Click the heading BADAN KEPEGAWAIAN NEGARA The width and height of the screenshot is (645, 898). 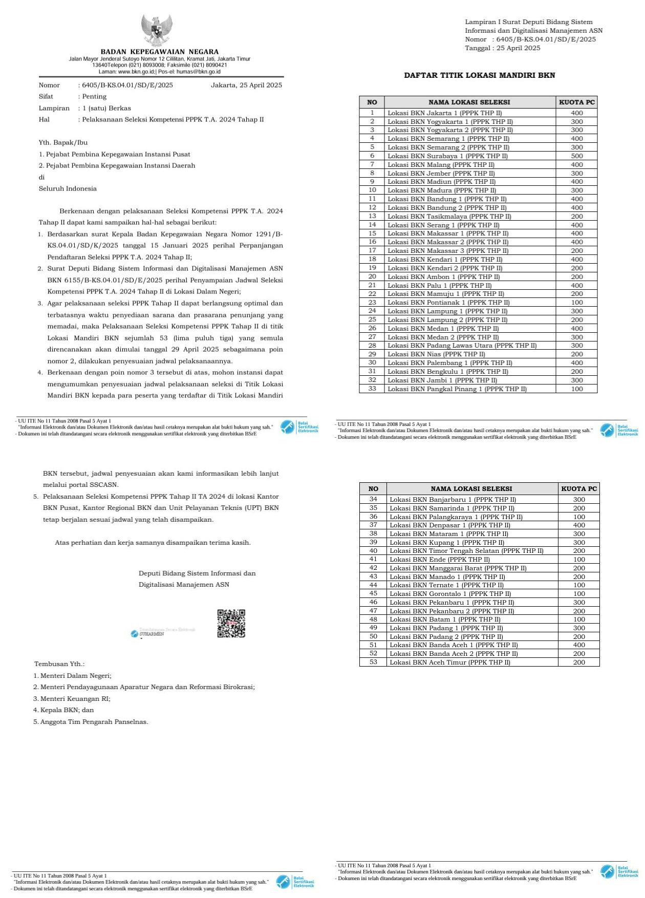159,52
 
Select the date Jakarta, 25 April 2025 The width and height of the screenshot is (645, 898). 246,85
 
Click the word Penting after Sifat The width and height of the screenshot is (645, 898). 94,97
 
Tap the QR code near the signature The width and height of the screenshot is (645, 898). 231,623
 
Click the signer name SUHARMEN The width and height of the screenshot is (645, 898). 152,634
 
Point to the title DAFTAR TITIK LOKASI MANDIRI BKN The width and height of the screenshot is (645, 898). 479,75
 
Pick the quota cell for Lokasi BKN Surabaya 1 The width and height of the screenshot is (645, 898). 576,156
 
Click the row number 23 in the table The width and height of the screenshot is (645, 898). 372,303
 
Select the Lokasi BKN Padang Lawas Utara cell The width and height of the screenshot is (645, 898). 462,346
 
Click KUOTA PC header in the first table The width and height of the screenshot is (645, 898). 576,102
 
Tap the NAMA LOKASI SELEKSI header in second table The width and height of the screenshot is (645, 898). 471,489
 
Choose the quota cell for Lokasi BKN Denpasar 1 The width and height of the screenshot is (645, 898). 578,525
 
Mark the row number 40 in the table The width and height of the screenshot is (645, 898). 373,551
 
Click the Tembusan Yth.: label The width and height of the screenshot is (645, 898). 59,664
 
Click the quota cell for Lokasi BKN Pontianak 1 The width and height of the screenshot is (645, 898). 576,303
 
